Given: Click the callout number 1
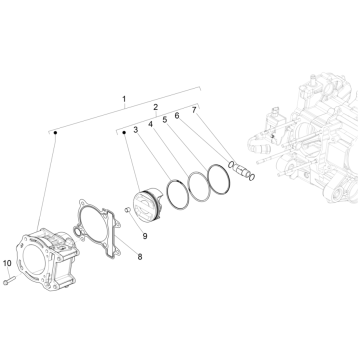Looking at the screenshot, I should point(124,100).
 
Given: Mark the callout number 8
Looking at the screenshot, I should point(139,257).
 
